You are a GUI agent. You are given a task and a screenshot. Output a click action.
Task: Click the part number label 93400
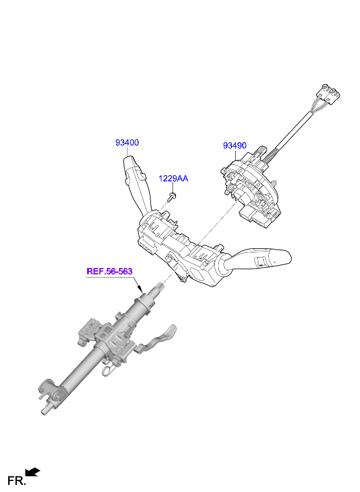click(x=127, y=143)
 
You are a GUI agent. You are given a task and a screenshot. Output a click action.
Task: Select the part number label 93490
click(x=235, y=146)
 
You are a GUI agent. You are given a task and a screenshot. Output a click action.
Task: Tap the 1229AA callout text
click(x=173, y=179)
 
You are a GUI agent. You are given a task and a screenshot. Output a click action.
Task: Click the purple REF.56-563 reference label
click(x=109, y=271)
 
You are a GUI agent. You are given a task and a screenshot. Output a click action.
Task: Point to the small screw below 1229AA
click(x=171, y=197)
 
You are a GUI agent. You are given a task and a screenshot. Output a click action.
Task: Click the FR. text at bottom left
click(x=16, y=481)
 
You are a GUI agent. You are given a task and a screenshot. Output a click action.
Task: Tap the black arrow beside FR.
click(x=33, y=472)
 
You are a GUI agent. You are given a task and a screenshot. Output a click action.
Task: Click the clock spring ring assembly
click(x=251, y=191)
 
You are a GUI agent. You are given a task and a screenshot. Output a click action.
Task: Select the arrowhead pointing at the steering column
click(x=140, y=288)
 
